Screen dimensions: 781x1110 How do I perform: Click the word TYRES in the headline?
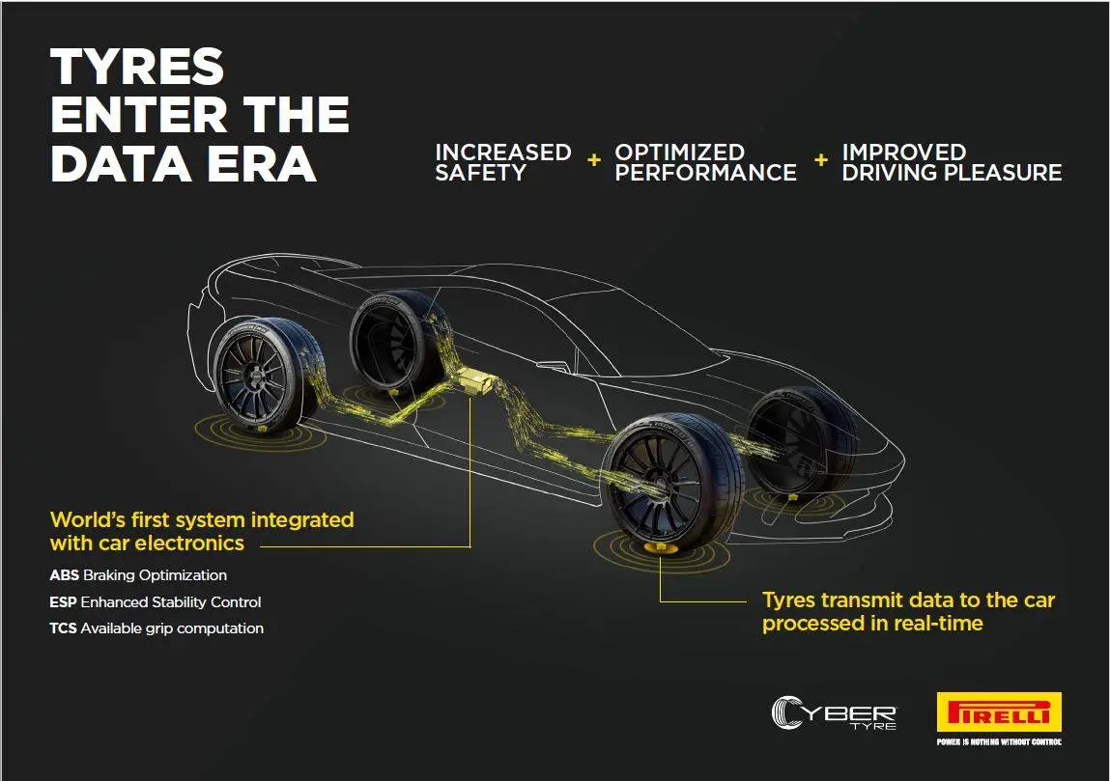point(136,68)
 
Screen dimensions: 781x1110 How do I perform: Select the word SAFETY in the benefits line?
point(480,174)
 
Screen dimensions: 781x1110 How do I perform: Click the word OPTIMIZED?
point(679,153)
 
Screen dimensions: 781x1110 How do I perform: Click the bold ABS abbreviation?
point(65,575)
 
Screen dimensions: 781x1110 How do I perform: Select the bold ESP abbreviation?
point(64,602)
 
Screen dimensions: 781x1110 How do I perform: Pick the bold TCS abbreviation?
point(64,628)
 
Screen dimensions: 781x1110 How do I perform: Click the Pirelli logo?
point(999,713)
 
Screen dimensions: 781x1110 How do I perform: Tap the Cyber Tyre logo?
point(835,713)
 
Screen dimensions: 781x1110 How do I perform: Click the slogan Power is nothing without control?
point(999,742)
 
